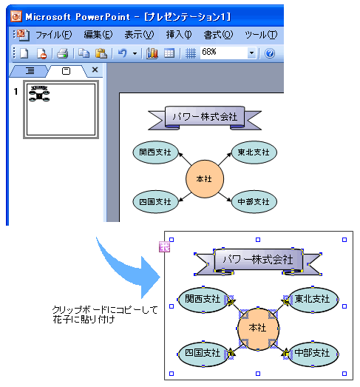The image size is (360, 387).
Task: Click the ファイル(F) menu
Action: [x=54, y=35]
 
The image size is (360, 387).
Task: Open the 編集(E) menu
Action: [x=98, y=35]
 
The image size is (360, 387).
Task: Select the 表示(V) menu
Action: [x=139, y=35]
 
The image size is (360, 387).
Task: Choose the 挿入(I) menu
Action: [x=179, y=35]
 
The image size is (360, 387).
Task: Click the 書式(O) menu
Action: [x=218, y=35]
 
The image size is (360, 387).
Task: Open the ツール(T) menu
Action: [x=261, y=35]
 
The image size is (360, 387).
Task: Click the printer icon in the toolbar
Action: [x=63, y=53]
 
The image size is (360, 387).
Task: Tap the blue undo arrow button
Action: [x=123, y=53]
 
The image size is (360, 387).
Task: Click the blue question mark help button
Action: [x=270, y=53]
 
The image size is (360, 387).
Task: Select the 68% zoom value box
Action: [x=224, y=53]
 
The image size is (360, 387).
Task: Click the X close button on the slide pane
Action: [x=95, y=70]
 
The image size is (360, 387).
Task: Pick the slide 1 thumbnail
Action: [x=61, y=110]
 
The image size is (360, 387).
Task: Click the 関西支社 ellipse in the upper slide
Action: [x=155, y=152]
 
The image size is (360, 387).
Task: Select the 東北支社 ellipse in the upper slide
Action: [x=254, y=152]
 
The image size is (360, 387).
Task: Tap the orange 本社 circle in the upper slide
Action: [x=205, y=178]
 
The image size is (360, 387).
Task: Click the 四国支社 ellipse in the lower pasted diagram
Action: [x=203, y=354]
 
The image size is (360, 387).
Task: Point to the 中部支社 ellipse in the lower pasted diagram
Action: [x=313, y=354]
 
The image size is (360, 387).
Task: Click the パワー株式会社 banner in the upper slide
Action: [x=205, y=117]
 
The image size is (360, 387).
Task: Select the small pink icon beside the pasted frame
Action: [x=164, y=247]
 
